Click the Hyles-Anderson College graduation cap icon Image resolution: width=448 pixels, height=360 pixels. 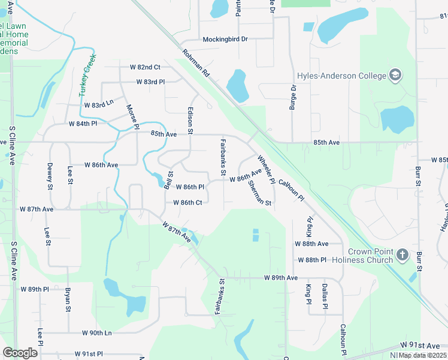point(395,76)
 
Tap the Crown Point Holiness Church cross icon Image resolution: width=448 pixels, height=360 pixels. point(402,255)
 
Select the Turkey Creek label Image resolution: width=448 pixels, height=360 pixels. point(89,77)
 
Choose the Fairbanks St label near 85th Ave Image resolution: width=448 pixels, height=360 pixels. point(223,157)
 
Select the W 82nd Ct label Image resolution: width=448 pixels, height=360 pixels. point(141,67)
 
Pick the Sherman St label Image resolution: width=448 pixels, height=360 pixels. point(260,193)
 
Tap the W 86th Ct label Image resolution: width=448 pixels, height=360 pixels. point(187,202)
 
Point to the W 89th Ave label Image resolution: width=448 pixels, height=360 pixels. point(281,278)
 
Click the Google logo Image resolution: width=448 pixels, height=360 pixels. point(20,352)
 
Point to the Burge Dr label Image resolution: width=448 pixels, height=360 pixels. point(293,97)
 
